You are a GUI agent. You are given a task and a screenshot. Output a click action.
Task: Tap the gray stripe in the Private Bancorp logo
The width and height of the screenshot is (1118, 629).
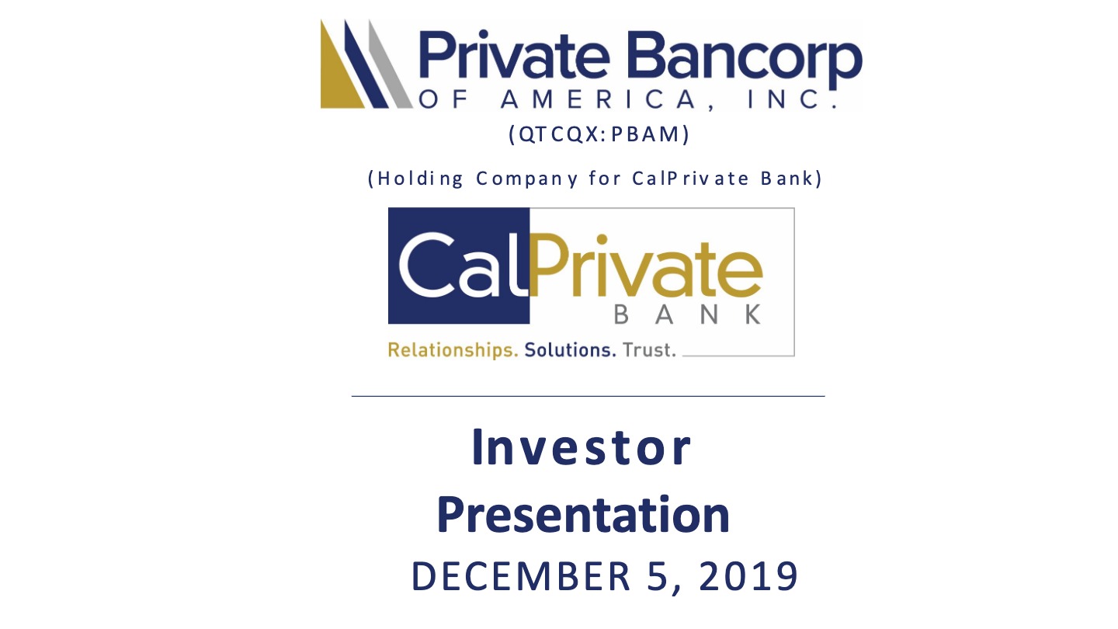tap(391, 64)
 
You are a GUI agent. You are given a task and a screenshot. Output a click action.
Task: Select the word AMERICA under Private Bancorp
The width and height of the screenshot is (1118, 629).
tap(598, 99)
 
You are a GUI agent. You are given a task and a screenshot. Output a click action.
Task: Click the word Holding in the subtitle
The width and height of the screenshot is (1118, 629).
tap(420, 179)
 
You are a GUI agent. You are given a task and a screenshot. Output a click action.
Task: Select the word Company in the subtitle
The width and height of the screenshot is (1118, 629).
tap(527, 179)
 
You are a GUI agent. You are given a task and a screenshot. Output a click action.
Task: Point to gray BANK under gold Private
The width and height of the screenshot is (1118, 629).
tap(687, 315)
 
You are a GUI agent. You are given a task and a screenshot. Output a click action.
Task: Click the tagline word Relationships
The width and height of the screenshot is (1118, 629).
tap(453, 350)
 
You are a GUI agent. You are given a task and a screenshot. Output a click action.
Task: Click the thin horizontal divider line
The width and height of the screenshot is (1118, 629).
tap(588, 396)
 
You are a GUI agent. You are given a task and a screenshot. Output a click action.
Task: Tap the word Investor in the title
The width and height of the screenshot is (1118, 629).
tap(582, 447)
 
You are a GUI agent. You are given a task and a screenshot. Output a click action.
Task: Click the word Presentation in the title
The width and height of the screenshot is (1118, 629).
tap(584, 515)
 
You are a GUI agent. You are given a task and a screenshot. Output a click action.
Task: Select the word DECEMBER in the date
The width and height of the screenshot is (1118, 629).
tap(520, 576)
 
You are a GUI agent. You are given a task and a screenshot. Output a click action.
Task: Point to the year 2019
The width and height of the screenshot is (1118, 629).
tap(748, 576)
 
